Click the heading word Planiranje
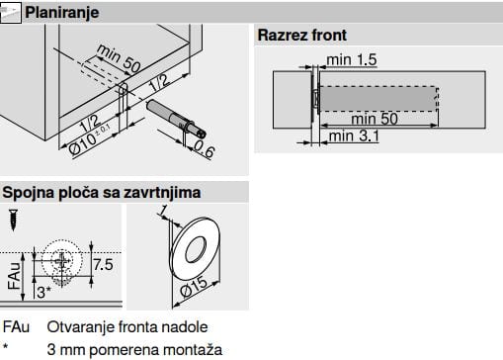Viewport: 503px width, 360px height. (x=62, y=13)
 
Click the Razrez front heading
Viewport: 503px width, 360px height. (x=302, y=36)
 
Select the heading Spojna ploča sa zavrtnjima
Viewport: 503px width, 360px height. (x=102, y=193)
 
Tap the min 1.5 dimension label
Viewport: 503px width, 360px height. (x=352, y=59)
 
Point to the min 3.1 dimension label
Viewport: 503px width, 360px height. (x=354, y=135)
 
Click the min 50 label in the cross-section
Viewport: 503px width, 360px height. (x=375, y=119)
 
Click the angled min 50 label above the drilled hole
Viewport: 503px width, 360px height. (x=119, y=58)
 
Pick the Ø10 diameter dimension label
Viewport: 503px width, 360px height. (x=90, y=139)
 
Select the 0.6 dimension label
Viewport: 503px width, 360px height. (x=205, y=148)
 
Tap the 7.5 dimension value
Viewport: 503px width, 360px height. (x=103, y=265)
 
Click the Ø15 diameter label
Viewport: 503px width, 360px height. (x=194, y=287)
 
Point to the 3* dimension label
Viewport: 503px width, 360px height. (x=43, y=293)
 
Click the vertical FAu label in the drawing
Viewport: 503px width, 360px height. (x=15, y=276)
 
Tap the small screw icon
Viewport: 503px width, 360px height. (x=13, y=220)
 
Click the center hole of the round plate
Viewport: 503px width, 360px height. (x=196, y=249)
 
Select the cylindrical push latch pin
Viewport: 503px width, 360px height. (x=177, y=119)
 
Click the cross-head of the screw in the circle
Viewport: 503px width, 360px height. (x=62, y=261)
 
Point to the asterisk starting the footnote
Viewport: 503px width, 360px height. (x=6, y=346)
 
